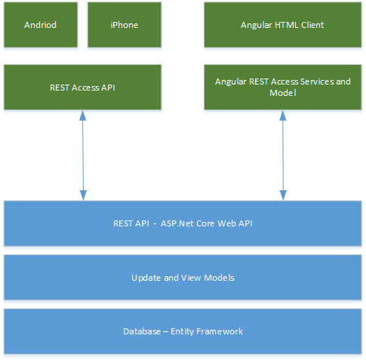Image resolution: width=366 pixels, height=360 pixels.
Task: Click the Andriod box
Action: [x=41, y=25]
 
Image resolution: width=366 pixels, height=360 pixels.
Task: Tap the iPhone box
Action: [x=125, y=25]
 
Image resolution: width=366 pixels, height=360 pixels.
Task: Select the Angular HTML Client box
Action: [x=283, y=25]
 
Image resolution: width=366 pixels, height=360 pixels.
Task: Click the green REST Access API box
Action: [x=82, y=87]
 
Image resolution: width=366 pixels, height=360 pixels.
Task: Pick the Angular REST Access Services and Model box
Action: [x=283, y=87]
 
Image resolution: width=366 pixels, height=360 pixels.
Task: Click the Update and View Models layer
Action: [x=183, y=277]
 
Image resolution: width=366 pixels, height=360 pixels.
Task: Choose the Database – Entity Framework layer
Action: [x=183, y=331]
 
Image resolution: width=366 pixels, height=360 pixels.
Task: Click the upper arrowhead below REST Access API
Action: [x=83, y=115]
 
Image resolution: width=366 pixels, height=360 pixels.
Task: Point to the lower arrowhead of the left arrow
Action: [x=83, y=195]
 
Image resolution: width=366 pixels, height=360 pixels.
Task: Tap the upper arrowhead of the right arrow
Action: [x=283, y=115]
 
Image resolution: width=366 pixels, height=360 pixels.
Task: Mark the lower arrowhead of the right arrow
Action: [x=283, y=195]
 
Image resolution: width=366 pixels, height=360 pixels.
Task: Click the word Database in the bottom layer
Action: [x=142, y=331]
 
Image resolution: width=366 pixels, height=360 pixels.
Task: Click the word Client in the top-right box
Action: [x=312, y=25]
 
